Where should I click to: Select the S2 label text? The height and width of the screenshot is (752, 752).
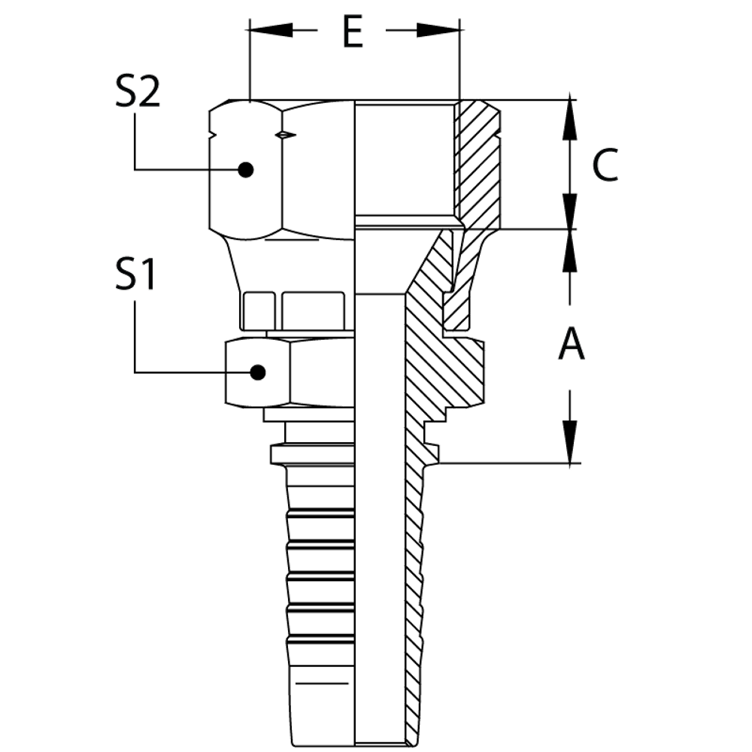[x=138, y=91]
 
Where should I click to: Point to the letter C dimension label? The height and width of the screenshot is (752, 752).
[x=604, y=165]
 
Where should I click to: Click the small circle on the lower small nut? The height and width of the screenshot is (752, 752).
[x=259, y=372]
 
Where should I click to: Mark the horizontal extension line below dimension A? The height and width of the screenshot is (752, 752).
[x=511, y=465]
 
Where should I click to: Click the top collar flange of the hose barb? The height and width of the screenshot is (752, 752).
[x=309, y=456]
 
